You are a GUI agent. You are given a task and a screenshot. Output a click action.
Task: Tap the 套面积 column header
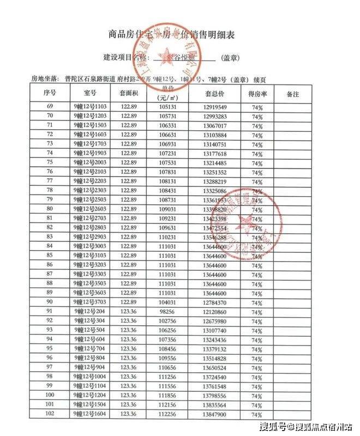click(x=130, y=94)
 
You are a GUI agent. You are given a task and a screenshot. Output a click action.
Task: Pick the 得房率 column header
click(x=257, y=94)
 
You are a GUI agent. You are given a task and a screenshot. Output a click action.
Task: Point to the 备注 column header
click(x=293, y=94)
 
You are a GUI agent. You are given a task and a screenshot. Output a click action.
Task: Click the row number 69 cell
click(x=50, y=106)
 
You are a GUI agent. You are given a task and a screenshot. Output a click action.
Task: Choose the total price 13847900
click(x=214, y=415)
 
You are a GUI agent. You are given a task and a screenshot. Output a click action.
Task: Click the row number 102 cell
click(x=50, y=414)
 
